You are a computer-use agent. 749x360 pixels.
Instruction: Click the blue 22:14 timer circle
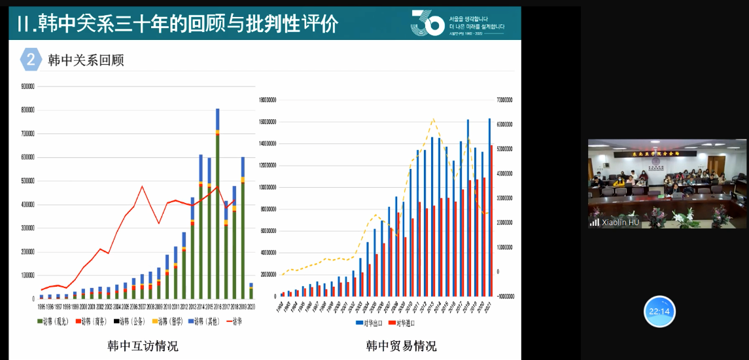[x=659, y=312]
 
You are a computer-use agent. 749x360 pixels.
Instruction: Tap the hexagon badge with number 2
[x=31, y=60]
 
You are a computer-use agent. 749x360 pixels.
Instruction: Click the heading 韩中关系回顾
[x=86, y=61]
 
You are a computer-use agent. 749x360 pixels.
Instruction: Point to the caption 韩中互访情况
[x=143, y=346]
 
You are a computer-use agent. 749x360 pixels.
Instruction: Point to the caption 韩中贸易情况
[x=401, y=346]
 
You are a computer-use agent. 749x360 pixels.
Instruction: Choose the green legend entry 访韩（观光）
[x=56, y=321]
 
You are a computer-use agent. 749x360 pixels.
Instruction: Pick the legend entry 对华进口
[x=404, y=323]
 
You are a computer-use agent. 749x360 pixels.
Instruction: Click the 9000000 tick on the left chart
[x=27, y=86]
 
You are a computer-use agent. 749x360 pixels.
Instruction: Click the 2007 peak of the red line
[x=142, y=187]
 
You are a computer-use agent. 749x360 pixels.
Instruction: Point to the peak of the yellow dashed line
[x=432, y=119]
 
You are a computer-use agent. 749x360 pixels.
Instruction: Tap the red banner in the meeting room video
[x=665, y=153]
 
